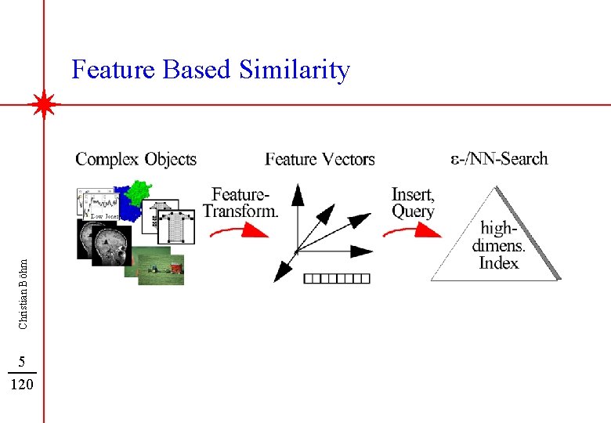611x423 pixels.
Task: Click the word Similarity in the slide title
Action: (295, 70)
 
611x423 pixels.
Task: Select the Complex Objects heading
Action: (136, 160)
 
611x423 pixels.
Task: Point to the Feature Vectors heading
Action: (320, 160)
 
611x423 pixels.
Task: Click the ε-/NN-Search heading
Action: (499, 159)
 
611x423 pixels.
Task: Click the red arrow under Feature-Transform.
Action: (239, 230)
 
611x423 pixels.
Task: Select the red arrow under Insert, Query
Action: (412, 230)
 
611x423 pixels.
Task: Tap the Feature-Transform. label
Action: (241, 202)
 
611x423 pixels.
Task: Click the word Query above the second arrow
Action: (413, 211)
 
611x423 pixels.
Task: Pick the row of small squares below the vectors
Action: (336, 277)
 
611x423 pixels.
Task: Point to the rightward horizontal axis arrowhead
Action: (363, 251)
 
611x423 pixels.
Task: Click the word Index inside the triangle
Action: (498, 262)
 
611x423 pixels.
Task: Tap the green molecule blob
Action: (139, 192)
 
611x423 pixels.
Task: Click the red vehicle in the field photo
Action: (176, 268)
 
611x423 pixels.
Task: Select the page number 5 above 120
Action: (23, 362)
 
